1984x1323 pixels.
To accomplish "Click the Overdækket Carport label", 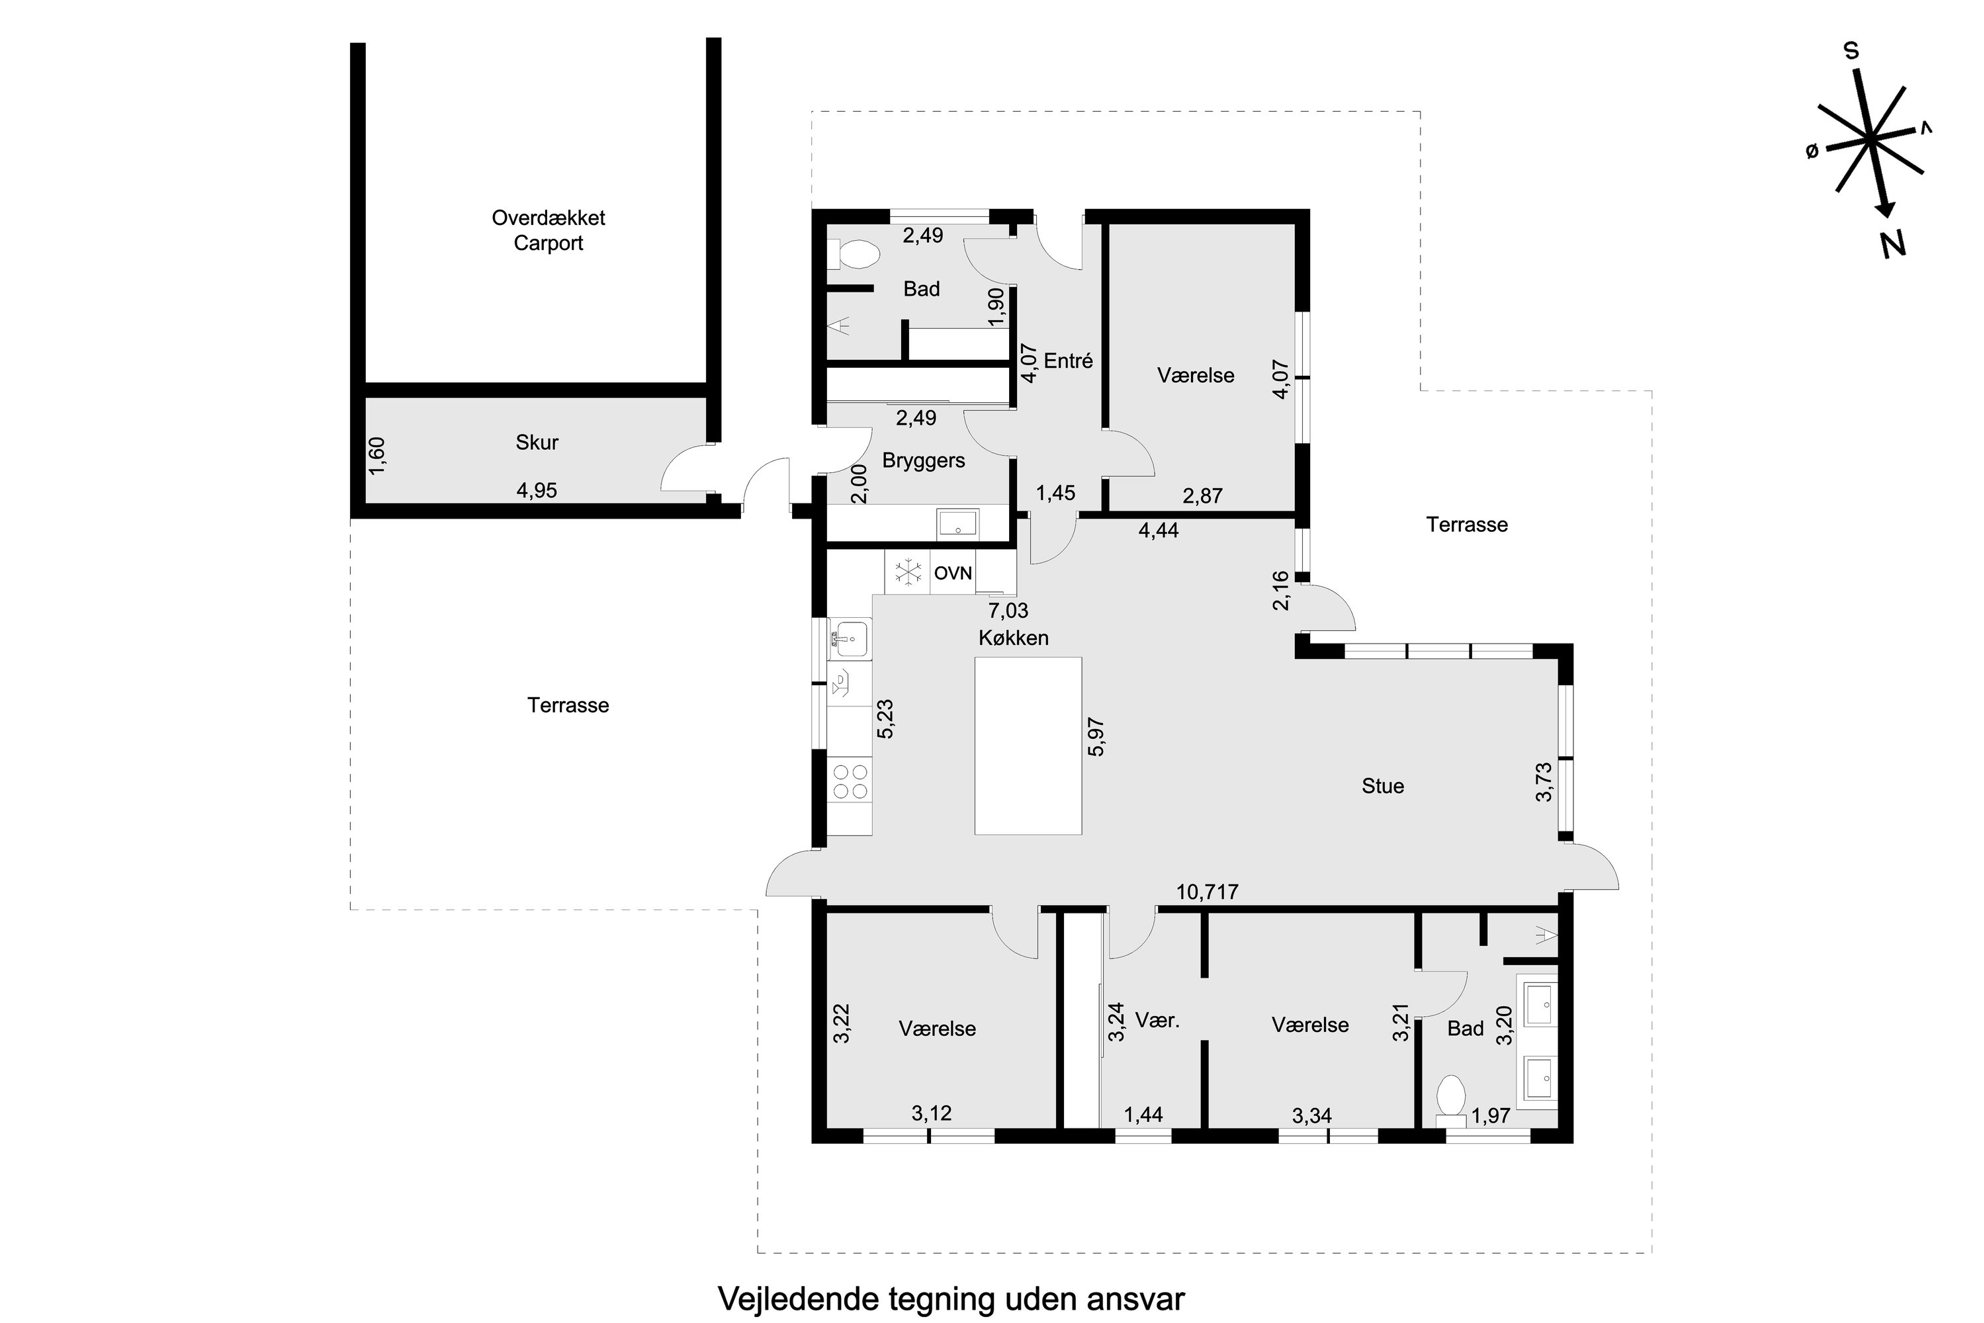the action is pos(548,230).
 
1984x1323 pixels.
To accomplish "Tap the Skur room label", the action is pos(537,442).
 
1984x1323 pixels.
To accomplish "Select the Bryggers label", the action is pos(923,461).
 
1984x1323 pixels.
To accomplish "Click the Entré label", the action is pos(1068,361).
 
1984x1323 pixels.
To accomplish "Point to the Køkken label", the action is pos(1014,638).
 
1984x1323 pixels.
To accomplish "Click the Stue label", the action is pos(1382,786).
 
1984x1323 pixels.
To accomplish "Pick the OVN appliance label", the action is pos(953,574).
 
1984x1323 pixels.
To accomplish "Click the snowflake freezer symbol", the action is pos(908,573).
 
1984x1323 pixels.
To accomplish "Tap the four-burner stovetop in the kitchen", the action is pos(850,781).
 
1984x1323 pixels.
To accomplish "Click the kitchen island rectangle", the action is pos(1028,745).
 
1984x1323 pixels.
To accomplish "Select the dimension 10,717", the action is pos(1207,892).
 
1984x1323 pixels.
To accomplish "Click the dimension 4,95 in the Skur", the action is pos(536,491).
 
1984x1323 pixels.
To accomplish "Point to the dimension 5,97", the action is pos(1097,736).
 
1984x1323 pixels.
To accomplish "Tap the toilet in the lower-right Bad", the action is pos(1450,1099).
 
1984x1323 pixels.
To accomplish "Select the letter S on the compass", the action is pos(1851,50).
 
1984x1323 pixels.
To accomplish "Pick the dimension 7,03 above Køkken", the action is pos(1008,610).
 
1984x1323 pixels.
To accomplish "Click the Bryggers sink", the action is pos(958,523).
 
